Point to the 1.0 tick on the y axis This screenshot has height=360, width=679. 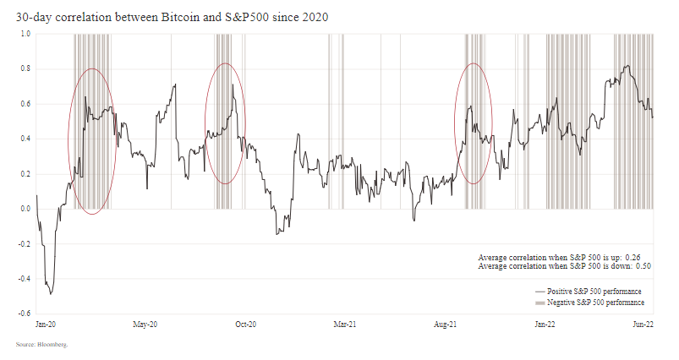coord(25,34)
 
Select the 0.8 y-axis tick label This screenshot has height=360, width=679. coord(25,68)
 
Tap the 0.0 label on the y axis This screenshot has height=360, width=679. coord(25,209)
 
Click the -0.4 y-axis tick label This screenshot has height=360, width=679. coord(25,278)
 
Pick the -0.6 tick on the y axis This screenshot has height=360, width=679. coord(25,314)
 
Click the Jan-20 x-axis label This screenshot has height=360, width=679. coord(46,324)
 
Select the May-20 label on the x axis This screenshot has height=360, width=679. coord(146,324)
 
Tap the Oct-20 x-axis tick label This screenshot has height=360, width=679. coord(245,324)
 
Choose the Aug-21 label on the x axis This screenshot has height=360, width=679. coord(446,324)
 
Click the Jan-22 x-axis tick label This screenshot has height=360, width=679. coord(544,324)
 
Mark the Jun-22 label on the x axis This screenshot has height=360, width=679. coord(643,324)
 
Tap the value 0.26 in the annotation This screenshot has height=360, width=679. coord(638,257)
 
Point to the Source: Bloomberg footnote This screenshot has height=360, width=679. coord(41,345)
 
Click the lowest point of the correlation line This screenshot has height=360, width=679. coord(51,294)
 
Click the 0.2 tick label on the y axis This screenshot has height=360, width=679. coord(25,173)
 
